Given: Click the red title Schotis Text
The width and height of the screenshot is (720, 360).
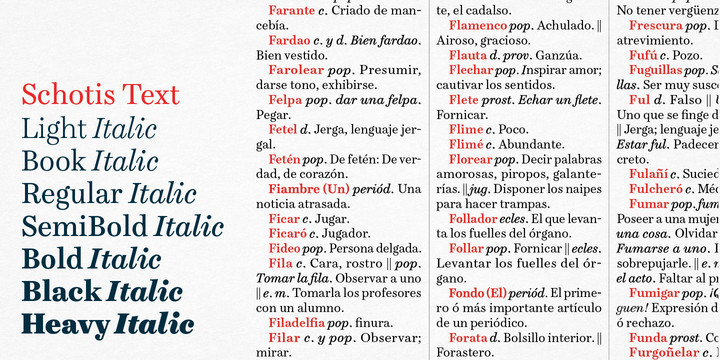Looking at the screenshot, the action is tap(100, 95).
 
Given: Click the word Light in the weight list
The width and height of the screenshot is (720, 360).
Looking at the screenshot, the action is tap(54, 128).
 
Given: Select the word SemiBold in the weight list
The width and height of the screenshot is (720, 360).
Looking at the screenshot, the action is tap(85, 226).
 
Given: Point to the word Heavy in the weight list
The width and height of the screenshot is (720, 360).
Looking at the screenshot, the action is tap(64, 324).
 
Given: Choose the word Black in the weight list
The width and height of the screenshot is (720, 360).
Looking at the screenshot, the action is tap(61, 292).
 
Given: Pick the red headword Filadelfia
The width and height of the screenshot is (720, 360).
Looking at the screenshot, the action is tap(295, 322).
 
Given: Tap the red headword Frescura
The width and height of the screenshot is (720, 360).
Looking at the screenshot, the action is tap(655, 25).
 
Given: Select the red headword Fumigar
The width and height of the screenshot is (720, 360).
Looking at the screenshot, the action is tap(654, 293).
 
